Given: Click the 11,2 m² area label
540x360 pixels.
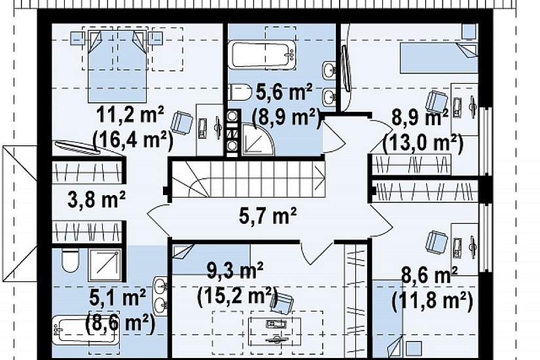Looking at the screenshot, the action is [x=130, y=115].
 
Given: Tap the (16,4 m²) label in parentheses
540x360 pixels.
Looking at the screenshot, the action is [x=133, y=139].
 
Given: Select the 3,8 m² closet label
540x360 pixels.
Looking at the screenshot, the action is [x=97, y=200].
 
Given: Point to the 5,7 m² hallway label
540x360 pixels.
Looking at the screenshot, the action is [x=268, y=215].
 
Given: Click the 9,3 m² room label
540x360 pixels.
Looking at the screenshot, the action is [x=235, y=271].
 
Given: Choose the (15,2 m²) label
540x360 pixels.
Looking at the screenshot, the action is [x=238, y=295].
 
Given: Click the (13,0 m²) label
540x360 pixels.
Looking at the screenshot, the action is [x=423, y=143].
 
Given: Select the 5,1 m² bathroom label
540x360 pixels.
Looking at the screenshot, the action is [x=117, y=298].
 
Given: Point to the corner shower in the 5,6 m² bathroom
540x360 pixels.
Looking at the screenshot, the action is [x=258, y=139].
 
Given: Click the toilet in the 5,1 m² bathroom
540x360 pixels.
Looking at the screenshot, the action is [x=71, y=261].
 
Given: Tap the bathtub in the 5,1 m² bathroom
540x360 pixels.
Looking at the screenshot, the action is [x=86, y=331].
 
